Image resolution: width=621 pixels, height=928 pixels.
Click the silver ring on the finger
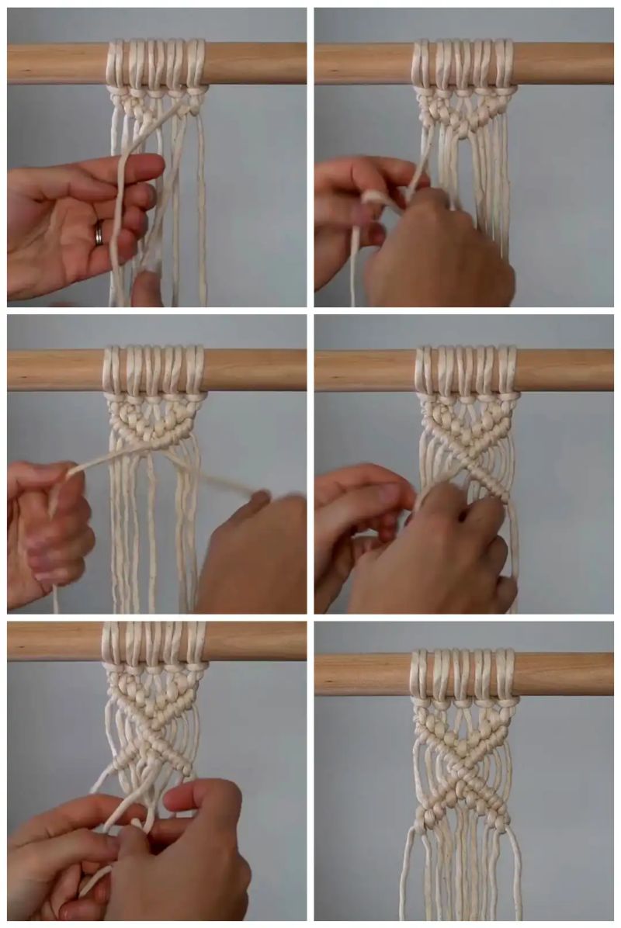[99, 232]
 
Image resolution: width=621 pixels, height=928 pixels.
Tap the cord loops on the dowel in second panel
[463, 62]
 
